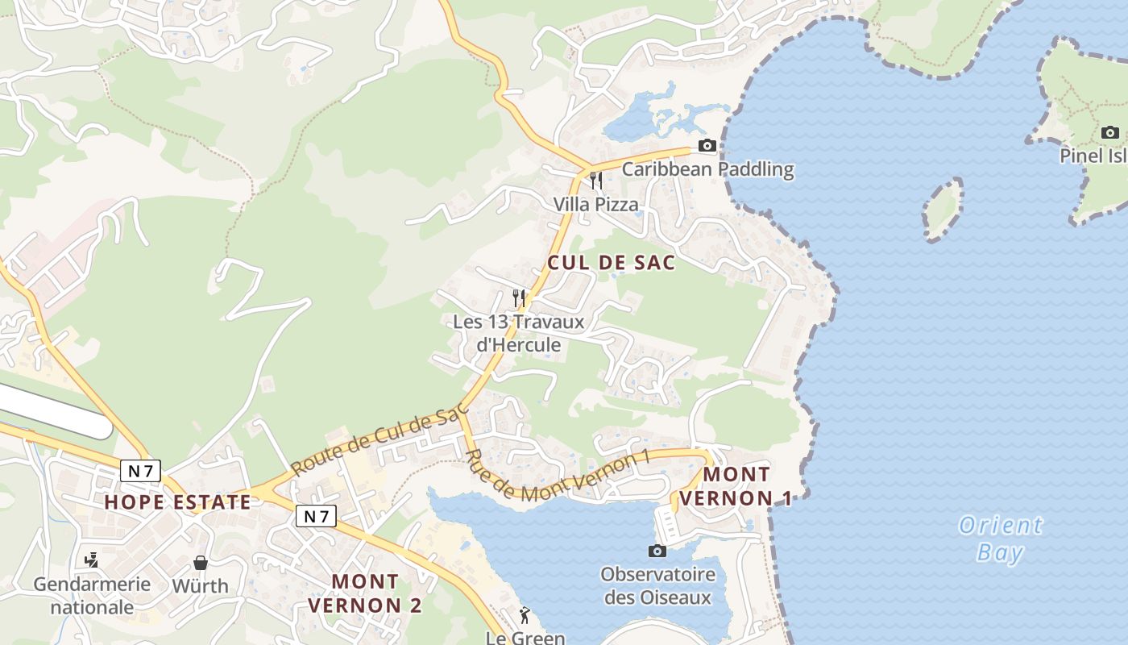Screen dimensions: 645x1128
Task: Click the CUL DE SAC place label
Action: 611,263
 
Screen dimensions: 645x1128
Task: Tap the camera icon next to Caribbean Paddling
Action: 707,146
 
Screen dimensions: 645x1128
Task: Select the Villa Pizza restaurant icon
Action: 595,180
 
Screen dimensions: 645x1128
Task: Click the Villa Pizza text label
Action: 595,205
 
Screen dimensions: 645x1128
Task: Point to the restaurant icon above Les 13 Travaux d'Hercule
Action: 519,298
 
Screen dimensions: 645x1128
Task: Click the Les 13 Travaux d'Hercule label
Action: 507,333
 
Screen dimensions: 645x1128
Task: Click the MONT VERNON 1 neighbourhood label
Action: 736,486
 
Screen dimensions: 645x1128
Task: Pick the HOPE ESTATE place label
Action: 178,502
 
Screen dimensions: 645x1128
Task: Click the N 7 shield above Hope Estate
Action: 140,471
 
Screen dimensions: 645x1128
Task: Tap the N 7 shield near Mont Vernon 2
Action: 315,516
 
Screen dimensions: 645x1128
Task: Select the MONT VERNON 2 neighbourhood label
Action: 365,593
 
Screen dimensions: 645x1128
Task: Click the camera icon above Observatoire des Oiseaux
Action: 657,551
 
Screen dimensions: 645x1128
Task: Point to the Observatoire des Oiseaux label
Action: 657,586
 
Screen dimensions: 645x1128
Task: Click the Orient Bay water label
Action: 1001,539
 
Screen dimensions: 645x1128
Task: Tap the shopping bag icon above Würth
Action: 201,562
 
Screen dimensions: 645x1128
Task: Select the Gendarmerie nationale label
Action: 92,595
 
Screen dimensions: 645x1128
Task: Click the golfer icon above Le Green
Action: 525,615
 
